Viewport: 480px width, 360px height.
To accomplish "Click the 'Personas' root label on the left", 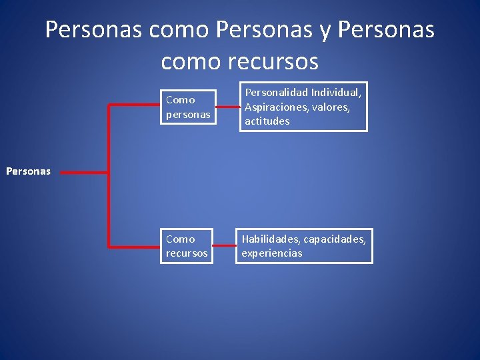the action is click(x=28, y=171).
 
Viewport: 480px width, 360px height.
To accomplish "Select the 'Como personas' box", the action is click(x=188, y=107).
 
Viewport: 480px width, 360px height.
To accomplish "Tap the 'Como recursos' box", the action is click(x=187, y=246).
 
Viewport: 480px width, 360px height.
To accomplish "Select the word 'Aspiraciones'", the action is click(x=275, y=107).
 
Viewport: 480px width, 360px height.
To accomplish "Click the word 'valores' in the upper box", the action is click(x=329, y=107).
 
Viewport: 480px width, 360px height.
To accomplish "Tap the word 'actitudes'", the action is click(x=267, y=121).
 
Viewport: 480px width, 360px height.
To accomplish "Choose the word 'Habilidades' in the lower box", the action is click(x=271, y=239).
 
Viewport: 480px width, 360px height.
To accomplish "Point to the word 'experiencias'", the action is click(x=272, y=253).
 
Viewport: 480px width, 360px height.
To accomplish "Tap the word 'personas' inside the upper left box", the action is click(x=188, y=114).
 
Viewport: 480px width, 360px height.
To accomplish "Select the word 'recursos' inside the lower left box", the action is click(x=187, y=253).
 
